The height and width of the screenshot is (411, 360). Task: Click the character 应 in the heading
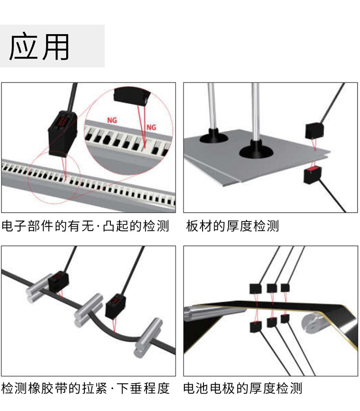pyautogui.click(x=24, y=47)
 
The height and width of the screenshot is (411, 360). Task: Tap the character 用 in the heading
pyautogui.click(x=54, y=47)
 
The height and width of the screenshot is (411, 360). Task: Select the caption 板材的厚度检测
pyautogui.click(x=232, y=226)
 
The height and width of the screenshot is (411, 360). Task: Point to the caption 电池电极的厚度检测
pyautogui.click(x=243, y=388)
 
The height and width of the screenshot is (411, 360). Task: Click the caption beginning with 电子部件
pyautogui.click(x=85, y=226)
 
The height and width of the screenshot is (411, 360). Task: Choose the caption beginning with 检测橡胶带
pyautogui.click(x=85, y=388)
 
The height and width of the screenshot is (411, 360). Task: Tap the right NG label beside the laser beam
pyautogui.click(x=151, y=127)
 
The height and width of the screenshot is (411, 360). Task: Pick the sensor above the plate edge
pyautogui.click(x=315, y=131)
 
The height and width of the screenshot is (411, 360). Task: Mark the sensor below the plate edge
pyautogui.click(x=312, y=175)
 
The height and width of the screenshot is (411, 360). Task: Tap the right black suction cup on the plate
pyautogui.click(x=256, y=151)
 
